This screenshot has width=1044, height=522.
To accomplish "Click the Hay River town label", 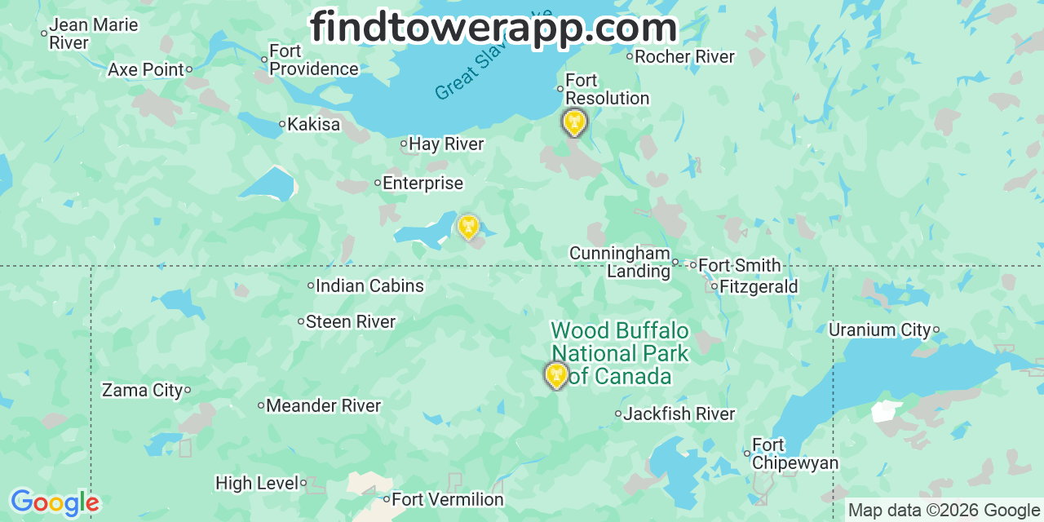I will click(x=446, y=144).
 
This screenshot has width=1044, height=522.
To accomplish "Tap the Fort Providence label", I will click(x=314, y=60).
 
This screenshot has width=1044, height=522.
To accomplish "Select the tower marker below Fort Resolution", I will click(x=574, y=122).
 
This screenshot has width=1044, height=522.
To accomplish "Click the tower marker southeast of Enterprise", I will click(x=468, y=226).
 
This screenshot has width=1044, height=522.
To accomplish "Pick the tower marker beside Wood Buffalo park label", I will click(x=556, y=375).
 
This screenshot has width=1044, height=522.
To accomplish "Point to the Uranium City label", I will click(x=879, y=330).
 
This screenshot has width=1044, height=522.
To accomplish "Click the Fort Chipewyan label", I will click(x=794, y=454).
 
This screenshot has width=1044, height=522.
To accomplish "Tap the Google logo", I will click(x=54, y=502).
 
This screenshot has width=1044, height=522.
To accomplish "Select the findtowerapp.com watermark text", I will click(x=493, y=28).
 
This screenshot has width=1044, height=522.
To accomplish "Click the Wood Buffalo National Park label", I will click(x=620, y=353).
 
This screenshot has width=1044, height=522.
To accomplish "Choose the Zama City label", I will click(x=142, y=391).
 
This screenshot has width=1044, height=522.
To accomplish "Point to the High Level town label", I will click(x=257, y=484).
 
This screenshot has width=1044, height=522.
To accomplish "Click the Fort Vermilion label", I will click(x=448, y=499).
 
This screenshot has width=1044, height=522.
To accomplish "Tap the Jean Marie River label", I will click(x=93, y=33).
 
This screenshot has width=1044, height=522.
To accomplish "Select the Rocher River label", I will click(x=684, y=57).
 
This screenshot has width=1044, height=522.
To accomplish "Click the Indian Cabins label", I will click(x=369, y=286).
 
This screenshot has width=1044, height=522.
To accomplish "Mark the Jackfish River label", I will click(x=679, y=414).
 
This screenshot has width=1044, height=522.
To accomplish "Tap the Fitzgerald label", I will click(x=759, y=287).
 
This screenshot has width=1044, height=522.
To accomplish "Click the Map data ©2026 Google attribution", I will click(x=944, y=511).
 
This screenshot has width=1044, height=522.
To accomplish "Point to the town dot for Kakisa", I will click(x=282, y=125).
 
